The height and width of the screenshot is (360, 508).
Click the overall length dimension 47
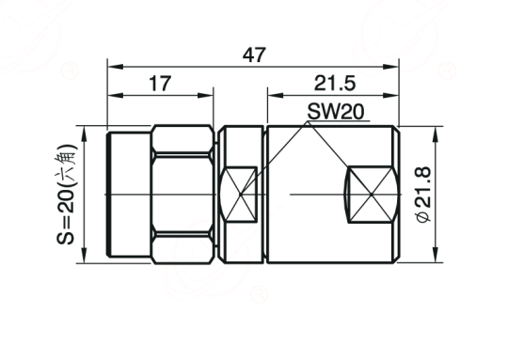click(254, 55)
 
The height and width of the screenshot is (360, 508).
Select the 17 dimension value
click(160, 84)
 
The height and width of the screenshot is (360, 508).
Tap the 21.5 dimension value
click(335, 84)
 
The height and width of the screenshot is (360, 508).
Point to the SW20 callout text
click(336, 112)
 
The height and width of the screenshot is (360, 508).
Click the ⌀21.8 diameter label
click(424, 195)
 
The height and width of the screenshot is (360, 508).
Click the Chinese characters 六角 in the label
click(67, 161)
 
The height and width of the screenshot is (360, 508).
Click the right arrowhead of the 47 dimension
click(390, 67)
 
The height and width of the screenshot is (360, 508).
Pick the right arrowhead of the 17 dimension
click(205, 96)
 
